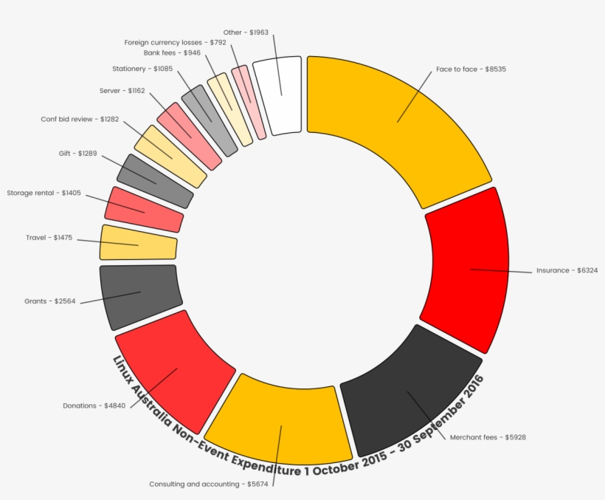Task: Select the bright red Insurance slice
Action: click(x=468, y=270)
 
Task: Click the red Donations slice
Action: click(x=177, y=369)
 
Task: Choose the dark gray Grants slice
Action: click(x=140, y=294)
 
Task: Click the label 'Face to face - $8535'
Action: click(x=471, y=69)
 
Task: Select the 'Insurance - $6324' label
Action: click(x=567, y=270)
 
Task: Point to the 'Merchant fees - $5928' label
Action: click(x=488, y=437)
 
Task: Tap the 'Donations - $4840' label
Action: click(x=95, y=405)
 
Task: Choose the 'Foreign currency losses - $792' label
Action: click(x=176, y=43)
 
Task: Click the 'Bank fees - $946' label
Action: click(x=172, y=53)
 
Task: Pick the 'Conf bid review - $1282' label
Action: click(x=80, y=119)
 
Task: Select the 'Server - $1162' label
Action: click(x=122, y=91)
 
